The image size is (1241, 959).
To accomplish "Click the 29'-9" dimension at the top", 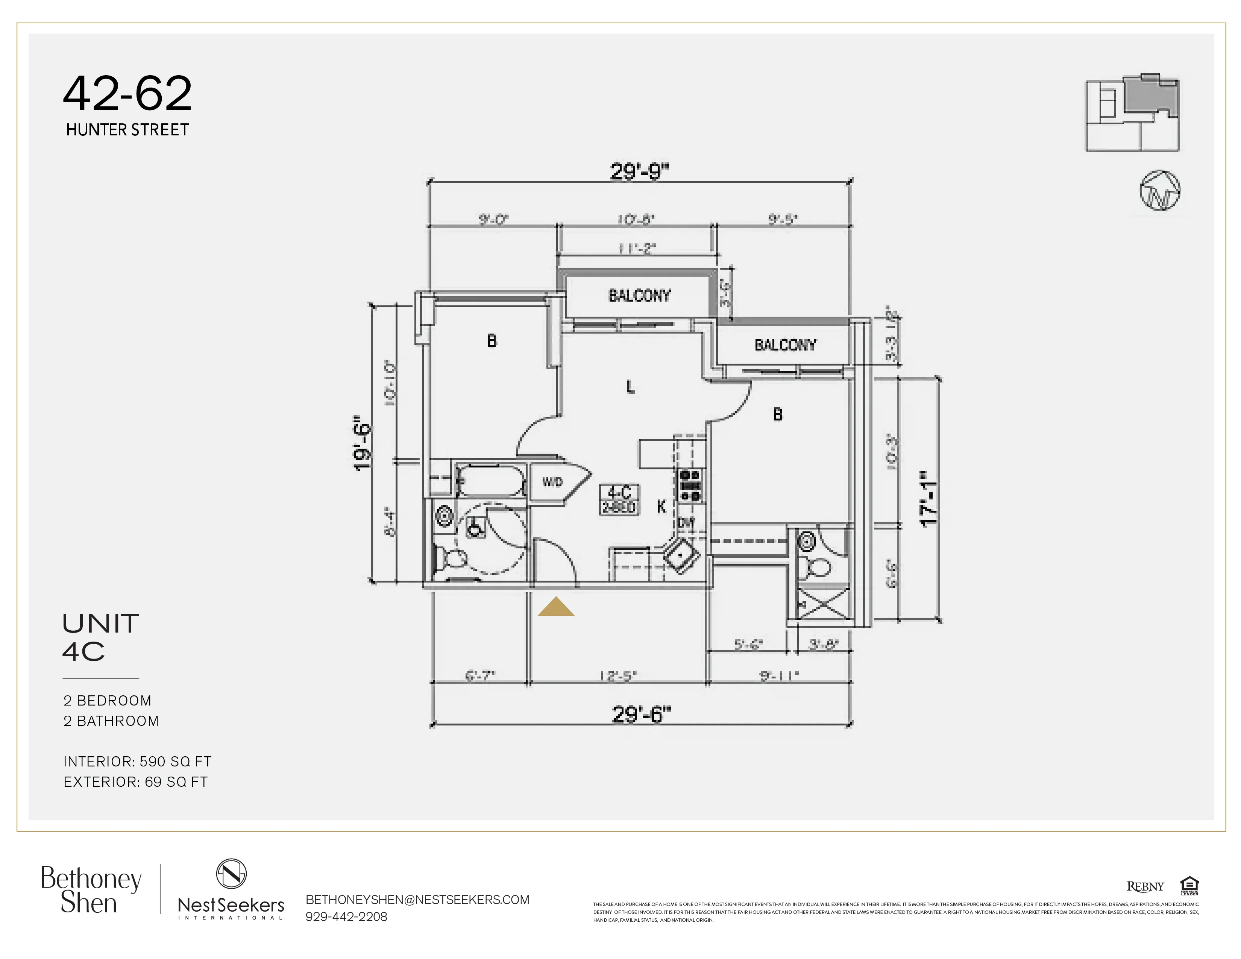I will (640, 171).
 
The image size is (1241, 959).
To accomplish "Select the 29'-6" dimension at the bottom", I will (641, 714).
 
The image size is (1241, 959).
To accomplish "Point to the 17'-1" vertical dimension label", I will (930, 499).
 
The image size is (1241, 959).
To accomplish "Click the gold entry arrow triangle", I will (556, 607).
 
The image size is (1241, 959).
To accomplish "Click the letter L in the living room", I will (630, 387).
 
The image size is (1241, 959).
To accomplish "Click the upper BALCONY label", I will (639, 296).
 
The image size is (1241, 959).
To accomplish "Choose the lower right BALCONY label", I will (785, 345).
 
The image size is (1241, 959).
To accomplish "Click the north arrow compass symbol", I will (1160, 190).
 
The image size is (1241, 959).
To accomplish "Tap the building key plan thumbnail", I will (1132, 113).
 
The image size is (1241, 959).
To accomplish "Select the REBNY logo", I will (1145, 887).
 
